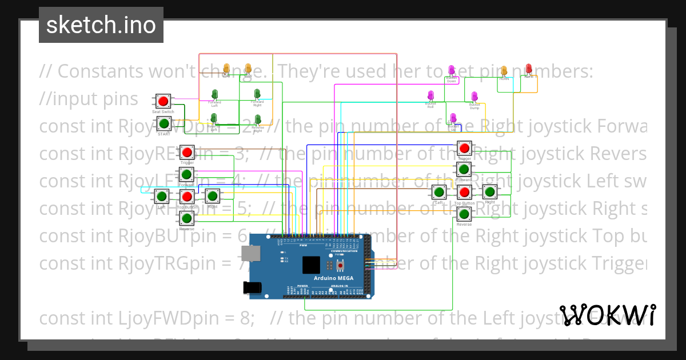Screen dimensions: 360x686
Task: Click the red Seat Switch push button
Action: (163, 102)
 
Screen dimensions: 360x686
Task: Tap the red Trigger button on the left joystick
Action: (187, 153)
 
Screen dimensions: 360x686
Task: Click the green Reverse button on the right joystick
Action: (464, 214)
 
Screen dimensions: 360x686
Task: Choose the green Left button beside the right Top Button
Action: (439, 193)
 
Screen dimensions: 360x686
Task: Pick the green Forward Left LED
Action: (215, 94)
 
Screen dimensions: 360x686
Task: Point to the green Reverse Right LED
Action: (258, 120)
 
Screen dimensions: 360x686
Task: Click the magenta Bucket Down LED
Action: (452, 71)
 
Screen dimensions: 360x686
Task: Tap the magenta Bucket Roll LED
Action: (431, 95)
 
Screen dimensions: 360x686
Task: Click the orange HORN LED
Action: (504, 71)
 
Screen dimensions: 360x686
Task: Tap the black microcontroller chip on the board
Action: (311, 265)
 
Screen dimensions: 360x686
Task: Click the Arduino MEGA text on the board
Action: (334, 278)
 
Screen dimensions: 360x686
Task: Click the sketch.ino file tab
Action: (101, 25)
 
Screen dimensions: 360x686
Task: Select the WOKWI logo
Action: (607, 315)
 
